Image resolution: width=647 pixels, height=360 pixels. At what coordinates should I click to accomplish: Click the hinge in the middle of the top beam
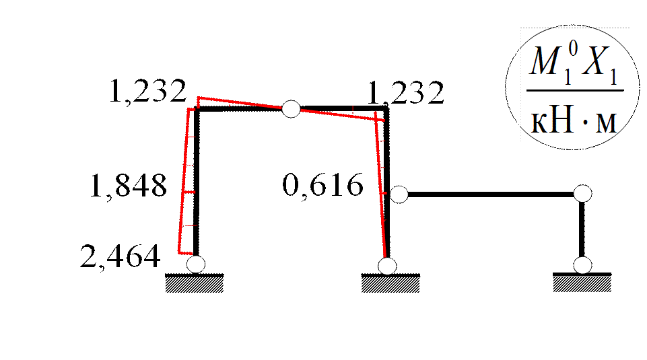[291, 109]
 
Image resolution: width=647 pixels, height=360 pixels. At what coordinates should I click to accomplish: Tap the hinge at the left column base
[195, 263]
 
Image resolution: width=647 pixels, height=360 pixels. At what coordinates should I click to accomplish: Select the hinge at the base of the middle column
[387, 265]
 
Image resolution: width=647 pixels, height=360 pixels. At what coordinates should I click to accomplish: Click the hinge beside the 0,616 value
[399, 194]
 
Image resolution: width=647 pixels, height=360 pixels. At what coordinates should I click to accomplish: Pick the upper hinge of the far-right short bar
[582, 194]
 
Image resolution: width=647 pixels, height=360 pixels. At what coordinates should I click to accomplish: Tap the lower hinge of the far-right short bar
[582, 264]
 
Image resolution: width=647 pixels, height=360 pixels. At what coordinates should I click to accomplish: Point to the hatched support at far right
[582, 283]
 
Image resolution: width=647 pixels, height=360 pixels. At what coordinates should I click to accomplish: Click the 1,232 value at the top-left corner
[149, 94]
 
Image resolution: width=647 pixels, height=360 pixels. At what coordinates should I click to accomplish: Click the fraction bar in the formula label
[574, 92]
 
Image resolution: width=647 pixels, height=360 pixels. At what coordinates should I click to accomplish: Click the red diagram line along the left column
[184, 182]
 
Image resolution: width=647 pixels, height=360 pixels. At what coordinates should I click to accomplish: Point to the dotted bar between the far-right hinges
[582, 229]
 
